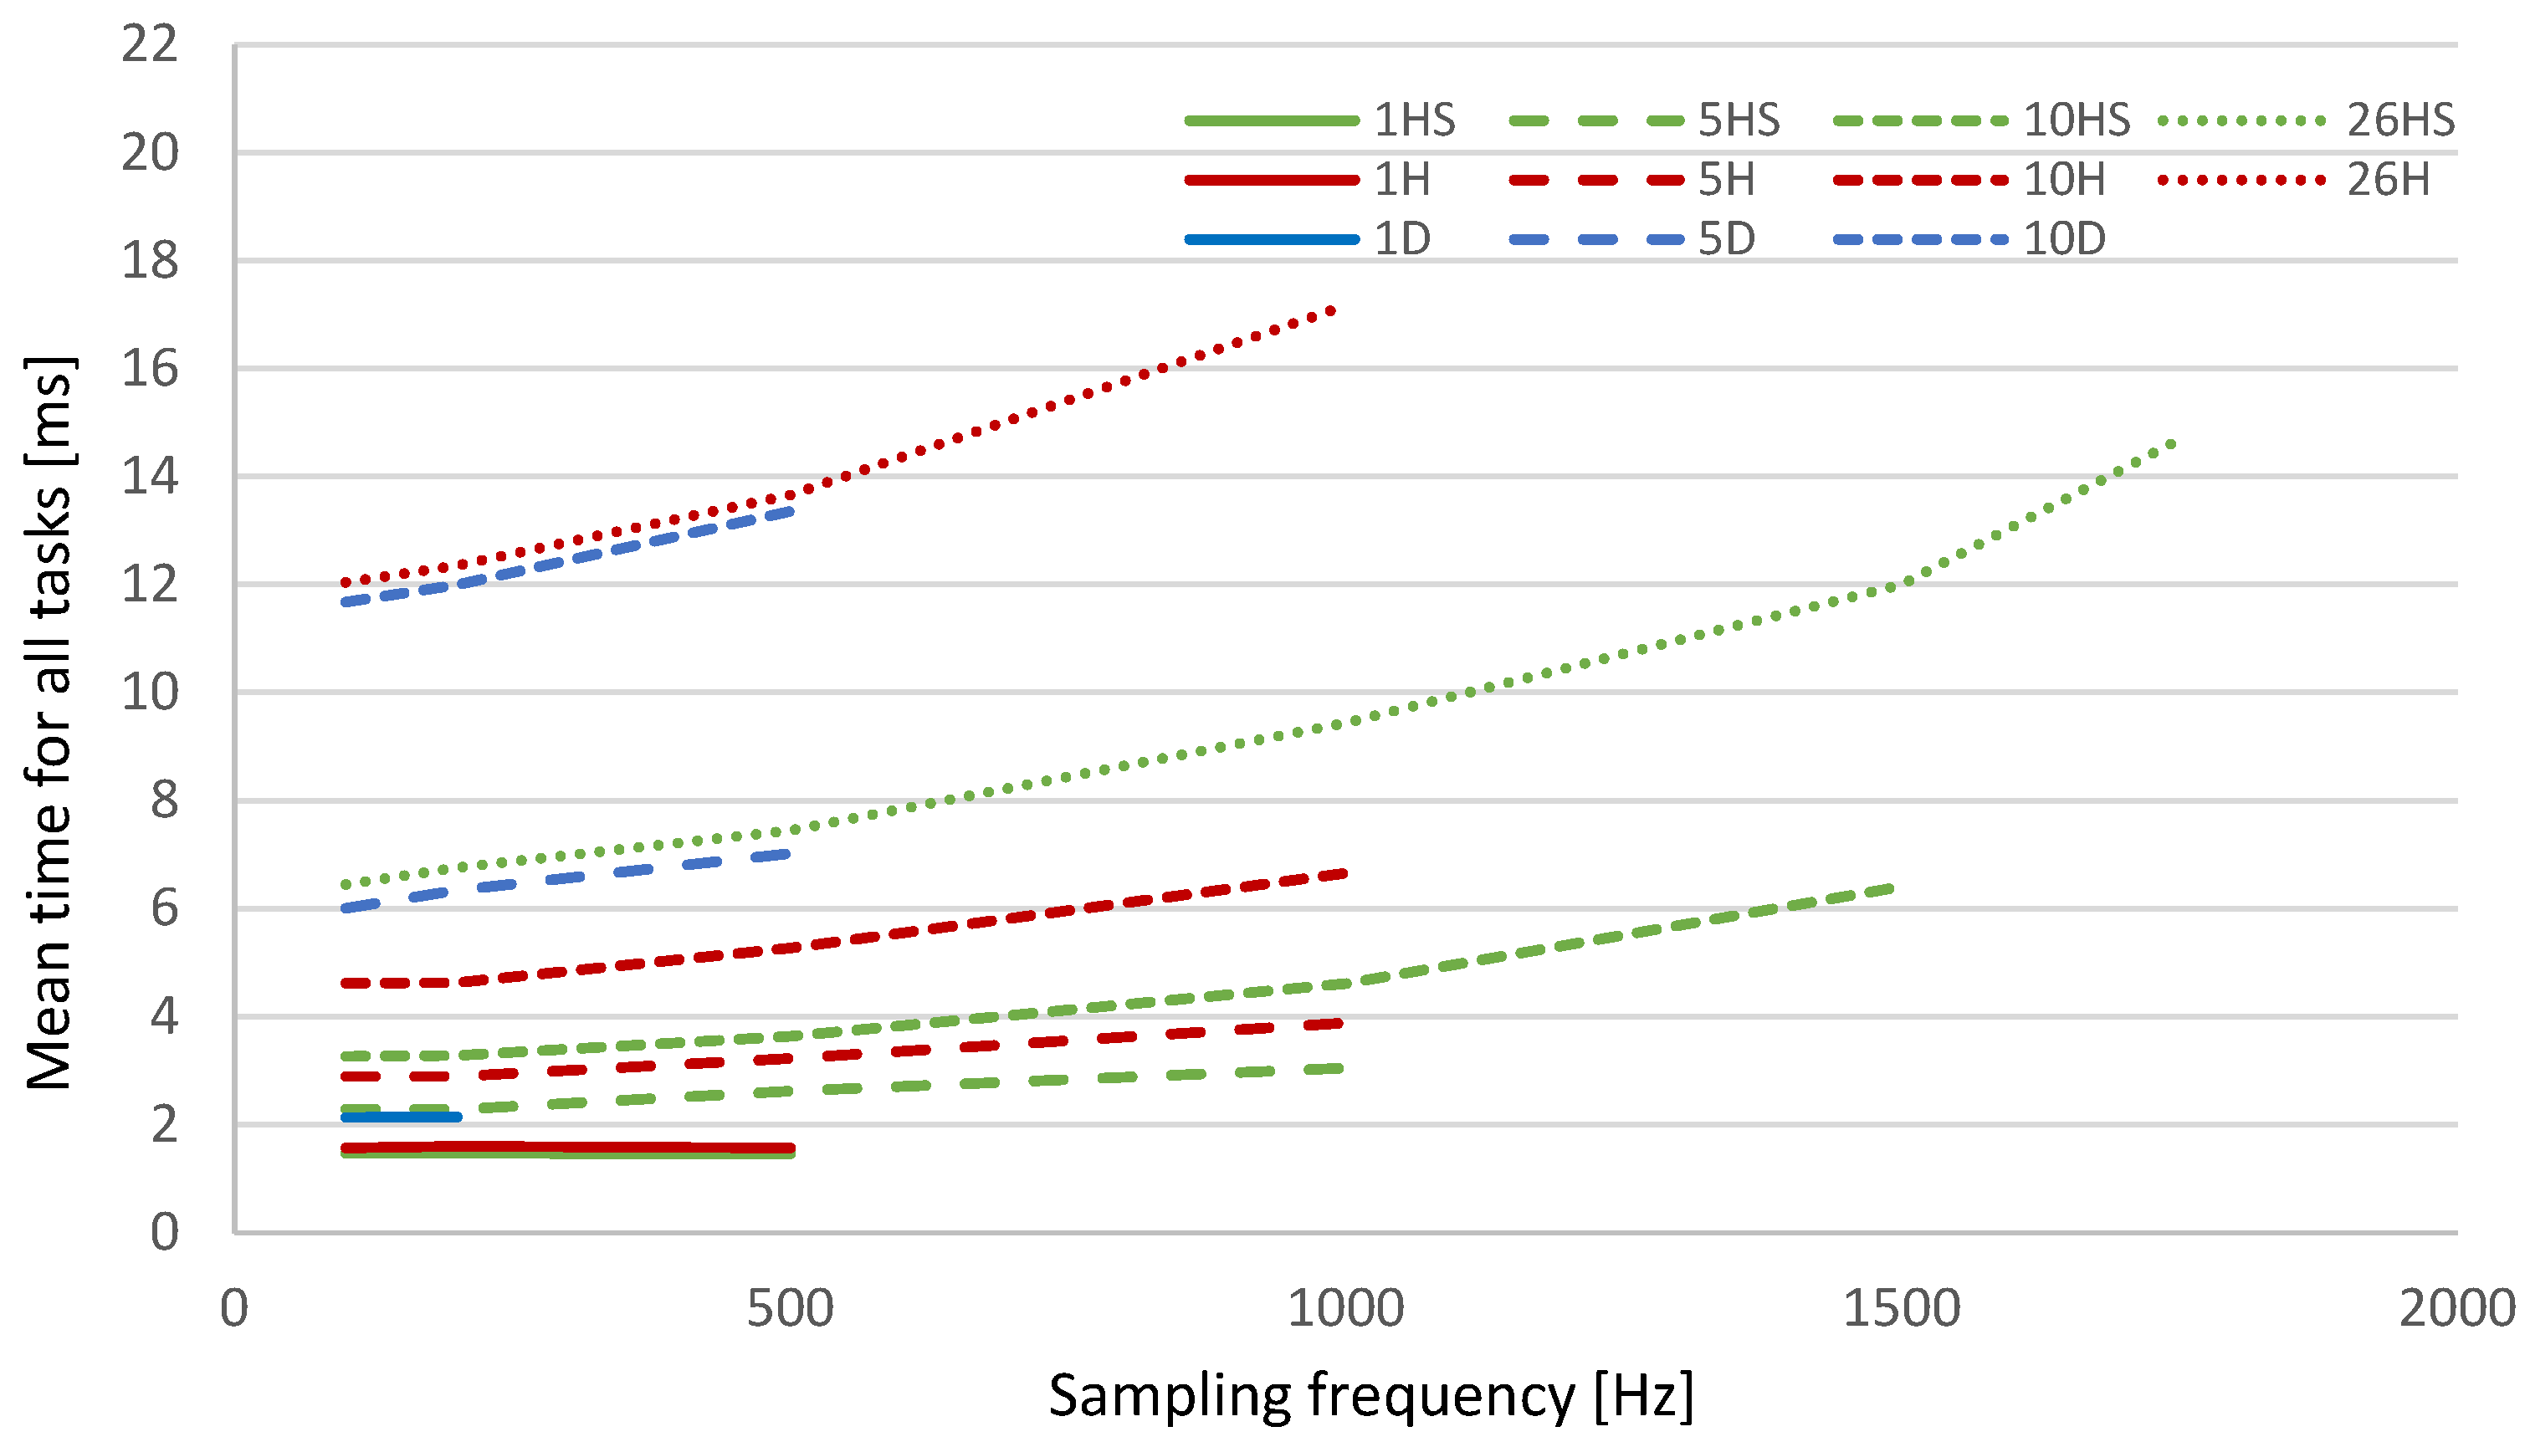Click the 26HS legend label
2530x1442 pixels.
(2399, 120)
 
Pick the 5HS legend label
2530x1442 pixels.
(1739, 120)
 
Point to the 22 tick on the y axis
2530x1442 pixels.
(150, 44)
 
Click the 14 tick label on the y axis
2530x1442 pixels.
(150, 477)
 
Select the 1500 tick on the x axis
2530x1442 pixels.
(1901, 1308)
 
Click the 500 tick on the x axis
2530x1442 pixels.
(790, 1308)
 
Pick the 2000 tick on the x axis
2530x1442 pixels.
(2456, 1308)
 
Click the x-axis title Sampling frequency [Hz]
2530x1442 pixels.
(1371, 1397)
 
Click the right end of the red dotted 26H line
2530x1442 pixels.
(1333, 310)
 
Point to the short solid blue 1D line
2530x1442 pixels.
(402, 1117)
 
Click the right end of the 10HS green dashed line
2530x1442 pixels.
(1890, 888)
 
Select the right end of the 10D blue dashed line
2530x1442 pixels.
(790, 511)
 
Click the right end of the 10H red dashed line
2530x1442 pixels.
(1344, 873)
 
